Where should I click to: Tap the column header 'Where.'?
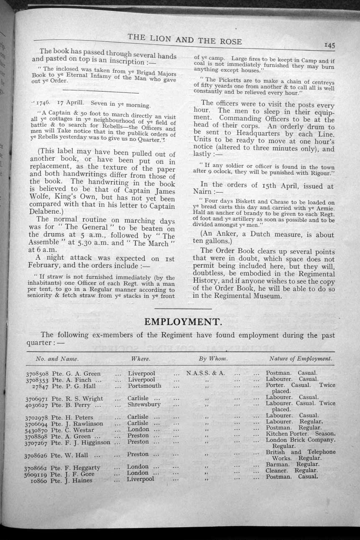[141, 359]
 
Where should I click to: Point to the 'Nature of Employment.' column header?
[301, 358]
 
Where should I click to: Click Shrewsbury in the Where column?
[144, 405]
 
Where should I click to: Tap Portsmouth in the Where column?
[144, 386]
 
